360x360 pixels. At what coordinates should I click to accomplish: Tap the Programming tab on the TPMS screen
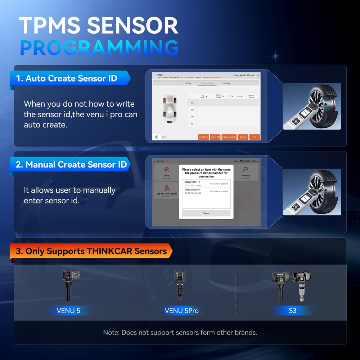pyautogui.click(x=207, y=83)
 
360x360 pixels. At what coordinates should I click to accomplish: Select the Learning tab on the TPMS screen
pyautogui.click(x=226, y=83)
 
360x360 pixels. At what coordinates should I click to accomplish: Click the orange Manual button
pyautogui.click(x=243, y=137)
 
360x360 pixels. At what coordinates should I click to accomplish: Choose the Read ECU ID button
pyautogui.click(x=203, y=137)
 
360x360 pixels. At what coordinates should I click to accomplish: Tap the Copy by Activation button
pyautogui.click(x=229, y=137)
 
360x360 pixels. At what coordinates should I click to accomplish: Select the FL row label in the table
pyautogui.click(x=192, y=103)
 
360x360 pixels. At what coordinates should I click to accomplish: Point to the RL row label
pyautogui.click(x=192, y=123)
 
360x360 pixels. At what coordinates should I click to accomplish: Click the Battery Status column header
pyautogui.click(x=251, y=96)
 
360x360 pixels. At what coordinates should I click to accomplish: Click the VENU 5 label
pyautogui.click(x=68, y=310)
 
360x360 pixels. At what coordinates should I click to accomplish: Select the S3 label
pyautogui.click(x=292, y=310)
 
